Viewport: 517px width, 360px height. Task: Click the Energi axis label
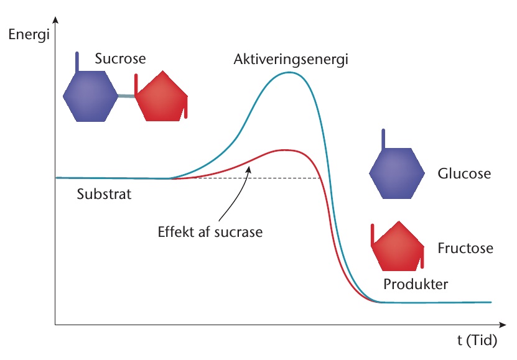tap(29, 35)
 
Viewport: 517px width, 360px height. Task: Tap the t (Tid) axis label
tap(477, 340)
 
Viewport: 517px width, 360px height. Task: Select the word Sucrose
tap(120, 58)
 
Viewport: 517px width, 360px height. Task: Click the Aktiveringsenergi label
tap(291, 60)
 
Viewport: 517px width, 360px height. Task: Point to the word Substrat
tap(104, 194)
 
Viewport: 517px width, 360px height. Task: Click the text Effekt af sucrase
tap(210, 232)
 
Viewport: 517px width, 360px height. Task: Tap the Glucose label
tap(464, 173)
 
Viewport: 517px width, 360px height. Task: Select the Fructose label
tap(465, 248)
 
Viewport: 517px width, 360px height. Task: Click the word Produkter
tap(416, 284)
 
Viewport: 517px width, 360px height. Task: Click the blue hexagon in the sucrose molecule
tap(90, 96)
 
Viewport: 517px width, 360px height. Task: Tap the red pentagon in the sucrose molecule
tap(161, 96)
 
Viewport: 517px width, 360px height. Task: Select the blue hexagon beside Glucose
tap(397, 173)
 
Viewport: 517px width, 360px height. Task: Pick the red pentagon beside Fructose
tap(398, 246)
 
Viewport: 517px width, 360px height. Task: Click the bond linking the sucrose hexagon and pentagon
tap(126, 96)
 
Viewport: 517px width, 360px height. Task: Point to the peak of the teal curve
tap(289, 73)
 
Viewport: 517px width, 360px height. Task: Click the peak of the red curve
tap(286, 150)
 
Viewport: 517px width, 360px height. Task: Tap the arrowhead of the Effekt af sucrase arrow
tap(249, 169)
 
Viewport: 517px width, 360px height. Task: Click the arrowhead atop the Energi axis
tap(55, 20)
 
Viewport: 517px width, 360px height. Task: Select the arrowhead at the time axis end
tap(503, 325)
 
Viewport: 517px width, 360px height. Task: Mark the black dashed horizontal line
tap(246, 178)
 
